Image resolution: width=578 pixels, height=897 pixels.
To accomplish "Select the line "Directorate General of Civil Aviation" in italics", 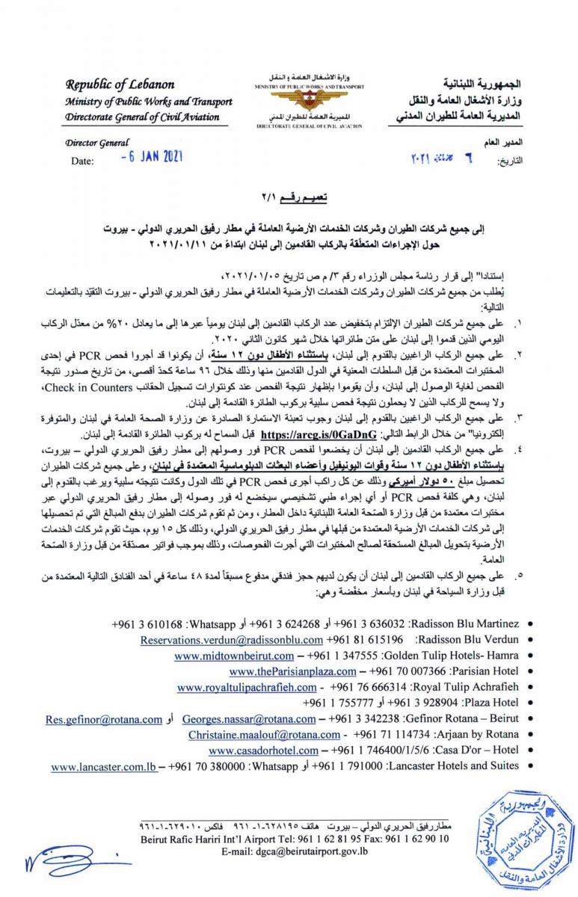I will click(142, 117).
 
